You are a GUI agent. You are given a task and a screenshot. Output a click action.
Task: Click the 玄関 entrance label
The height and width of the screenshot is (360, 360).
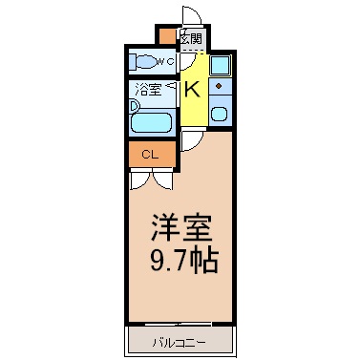[191, 39]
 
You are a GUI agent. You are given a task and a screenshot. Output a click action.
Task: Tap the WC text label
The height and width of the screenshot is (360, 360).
[165, 61]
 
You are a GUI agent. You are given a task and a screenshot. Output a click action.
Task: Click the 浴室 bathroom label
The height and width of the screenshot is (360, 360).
[148, 89]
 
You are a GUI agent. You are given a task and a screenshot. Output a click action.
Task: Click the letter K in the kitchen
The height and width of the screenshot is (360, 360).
[192, 90]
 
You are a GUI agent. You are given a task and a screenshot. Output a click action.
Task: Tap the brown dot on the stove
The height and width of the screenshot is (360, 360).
[219, 86]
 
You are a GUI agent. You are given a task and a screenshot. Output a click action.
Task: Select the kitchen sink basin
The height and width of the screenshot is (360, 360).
[220, 114]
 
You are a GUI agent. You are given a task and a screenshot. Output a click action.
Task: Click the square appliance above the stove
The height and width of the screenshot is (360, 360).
[220, 65]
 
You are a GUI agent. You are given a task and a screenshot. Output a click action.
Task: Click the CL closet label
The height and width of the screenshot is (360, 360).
[150, 155]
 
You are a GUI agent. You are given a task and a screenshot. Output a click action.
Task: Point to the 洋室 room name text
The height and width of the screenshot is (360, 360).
[181, 228]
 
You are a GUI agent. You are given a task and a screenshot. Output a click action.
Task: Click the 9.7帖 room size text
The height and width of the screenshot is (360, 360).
[184, 262]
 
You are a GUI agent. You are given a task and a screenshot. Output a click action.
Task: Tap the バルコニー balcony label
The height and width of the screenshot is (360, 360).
[180, 343]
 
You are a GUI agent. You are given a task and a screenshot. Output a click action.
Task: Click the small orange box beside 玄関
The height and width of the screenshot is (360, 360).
[167, 36]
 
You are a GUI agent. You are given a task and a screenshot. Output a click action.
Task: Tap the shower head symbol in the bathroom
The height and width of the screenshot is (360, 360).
[172, 85]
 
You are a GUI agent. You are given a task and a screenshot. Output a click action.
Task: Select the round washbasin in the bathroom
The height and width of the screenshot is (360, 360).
[135, 106]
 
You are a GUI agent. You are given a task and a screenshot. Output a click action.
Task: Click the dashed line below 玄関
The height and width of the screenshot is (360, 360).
[193, 51]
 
